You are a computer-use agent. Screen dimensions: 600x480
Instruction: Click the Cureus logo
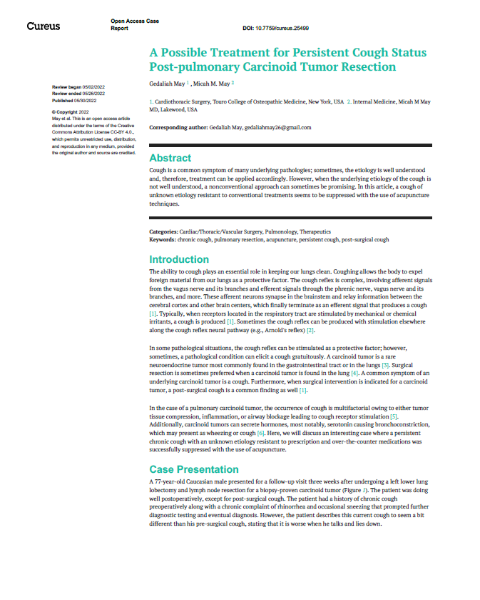pos(43,26)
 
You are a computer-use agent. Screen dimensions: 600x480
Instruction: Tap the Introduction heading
pos(179,259)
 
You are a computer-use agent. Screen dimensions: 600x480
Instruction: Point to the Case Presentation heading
pos(194,469)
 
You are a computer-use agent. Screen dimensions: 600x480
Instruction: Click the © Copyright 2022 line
pos(70,112)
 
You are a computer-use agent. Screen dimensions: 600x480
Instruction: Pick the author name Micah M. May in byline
pos(208,84)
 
